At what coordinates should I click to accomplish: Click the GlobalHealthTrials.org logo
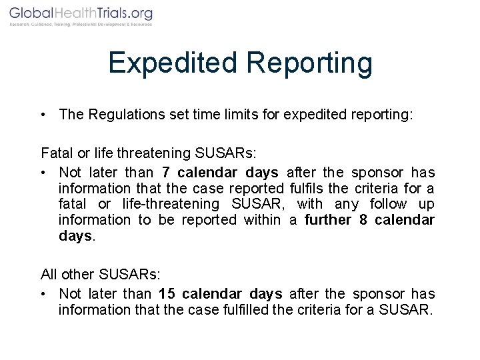(x=81, y=13)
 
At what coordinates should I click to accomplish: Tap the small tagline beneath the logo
(x=81, y=25)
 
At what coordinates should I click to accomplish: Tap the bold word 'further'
(x=329, y=220)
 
